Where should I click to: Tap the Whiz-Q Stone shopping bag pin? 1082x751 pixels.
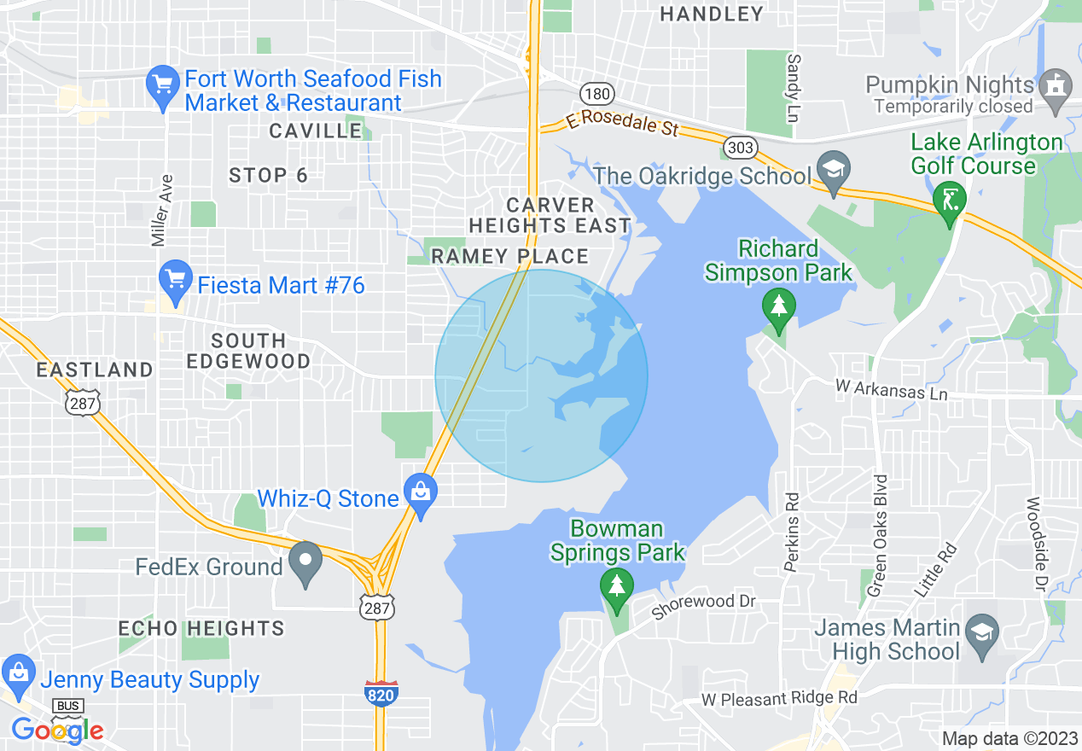point(420,494)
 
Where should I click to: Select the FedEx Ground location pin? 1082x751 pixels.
point(305,562)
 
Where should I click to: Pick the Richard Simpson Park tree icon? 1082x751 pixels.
point(778,308)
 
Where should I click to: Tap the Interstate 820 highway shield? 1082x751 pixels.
point(381,692)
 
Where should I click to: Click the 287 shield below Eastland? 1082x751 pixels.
point(83,402)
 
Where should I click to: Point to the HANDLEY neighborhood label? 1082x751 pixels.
point(712,14)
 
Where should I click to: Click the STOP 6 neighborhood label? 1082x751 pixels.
point(268,176)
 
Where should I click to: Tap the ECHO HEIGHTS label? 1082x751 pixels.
point(201,628)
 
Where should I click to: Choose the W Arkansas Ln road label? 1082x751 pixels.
point(891,390)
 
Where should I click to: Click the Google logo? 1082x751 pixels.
point(57,730)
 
